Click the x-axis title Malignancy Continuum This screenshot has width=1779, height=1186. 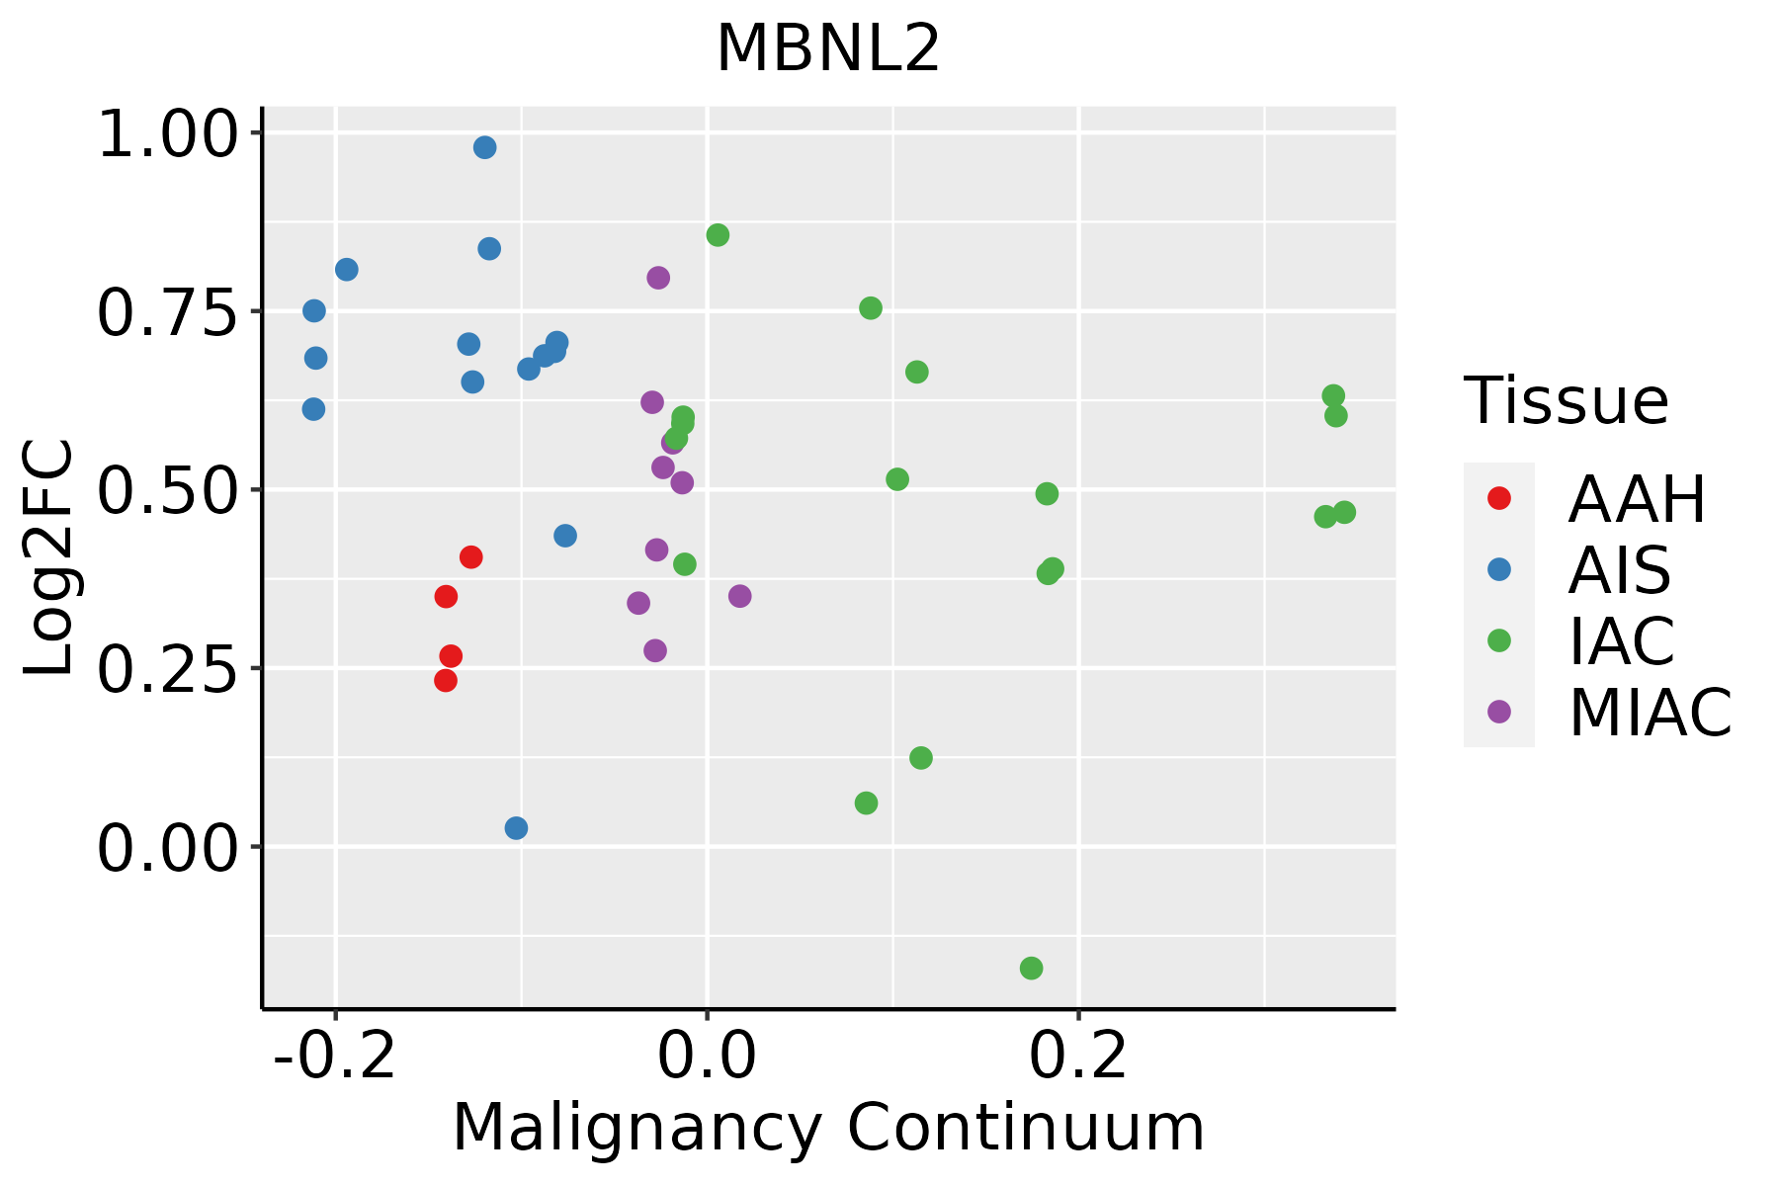(x=828, y=1128)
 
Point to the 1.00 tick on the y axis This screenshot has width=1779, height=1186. (x=168, y=133)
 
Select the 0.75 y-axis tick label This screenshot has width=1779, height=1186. (x=168, y=312)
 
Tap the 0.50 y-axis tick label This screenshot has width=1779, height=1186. (x=168, y=490)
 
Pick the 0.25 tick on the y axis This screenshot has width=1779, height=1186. (x=168, y=669)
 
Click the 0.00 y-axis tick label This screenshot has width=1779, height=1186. (x=168, y=848)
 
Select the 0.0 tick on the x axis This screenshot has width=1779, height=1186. (x=707, y=1057)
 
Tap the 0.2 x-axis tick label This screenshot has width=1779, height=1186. (x=1078, y=1057)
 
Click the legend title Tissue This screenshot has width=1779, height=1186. (x=1567, y=401)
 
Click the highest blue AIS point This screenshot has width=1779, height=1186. (x=484, y=147)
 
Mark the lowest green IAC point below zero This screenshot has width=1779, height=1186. (x=1031, y=968)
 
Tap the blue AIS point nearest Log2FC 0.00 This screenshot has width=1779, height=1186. (x=516, y=828)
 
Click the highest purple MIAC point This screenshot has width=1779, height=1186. (x=658, y=278)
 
